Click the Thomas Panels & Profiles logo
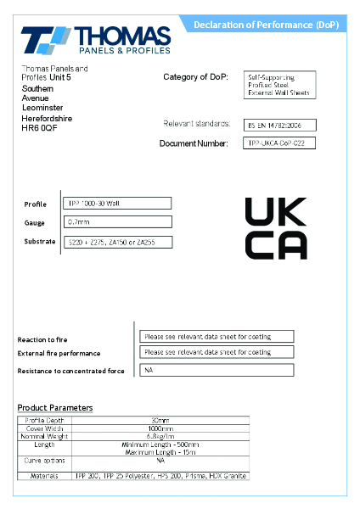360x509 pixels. pyautogui.click(x=95, y=41)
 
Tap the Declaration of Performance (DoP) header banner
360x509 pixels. pyautogui.click(x=265, y=25)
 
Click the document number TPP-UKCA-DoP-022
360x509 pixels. pyautogui.click(x=279, y=143)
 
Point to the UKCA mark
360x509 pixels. pyautogui.click(x=276, y=228)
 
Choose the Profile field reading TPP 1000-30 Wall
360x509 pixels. pyautogui.click(x=118, y=204)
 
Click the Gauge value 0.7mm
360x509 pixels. pyautogui.click(x=118, y=222)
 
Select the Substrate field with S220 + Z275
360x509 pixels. pyautogui.click(x=118, y=243)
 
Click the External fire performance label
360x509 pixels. pyautogui.click(x=59, y=353)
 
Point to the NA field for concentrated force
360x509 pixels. pyautogui.click(x=217, y=370)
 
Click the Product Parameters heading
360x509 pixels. pyautogui.click(x=55, y=408)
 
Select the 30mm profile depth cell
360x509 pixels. pyautogui.click(x=160, y=421)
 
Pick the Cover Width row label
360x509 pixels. pyautogui.click(x=45, y=428)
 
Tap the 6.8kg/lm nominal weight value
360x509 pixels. pyautogui.click(x=160, y=437)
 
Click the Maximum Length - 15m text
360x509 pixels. pyautogui.click(x=160, y=451)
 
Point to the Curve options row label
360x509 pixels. pyautogui.click(x=45, y=460)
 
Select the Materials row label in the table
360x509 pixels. pyautogui.click(x=45, y=476)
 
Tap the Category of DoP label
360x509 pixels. pyautogui.click(x=195, y=77)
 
